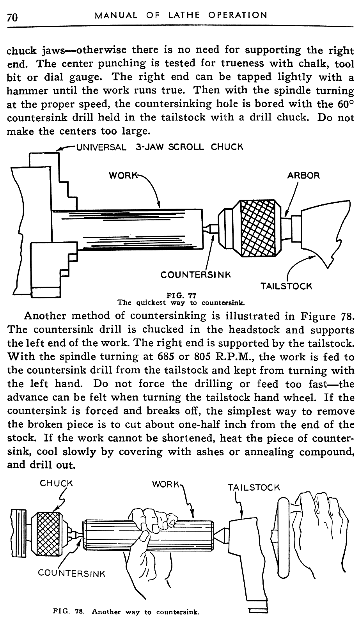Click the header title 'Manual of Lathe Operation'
pyautogui.click(x=181, y=16)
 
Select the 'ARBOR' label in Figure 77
pyautogui.click(x=303, y=175)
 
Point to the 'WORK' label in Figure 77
pyautogui.click(x=121, y=175)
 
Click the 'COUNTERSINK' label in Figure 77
pyautogui.click(x=195, y=275)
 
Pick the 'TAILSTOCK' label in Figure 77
pyautogui.click(x=286, y=286)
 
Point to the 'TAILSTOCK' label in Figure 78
pyautogui.click(x=254, y=487)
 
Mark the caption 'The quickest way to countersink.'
pyautogui.click(x=181, y=303)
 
